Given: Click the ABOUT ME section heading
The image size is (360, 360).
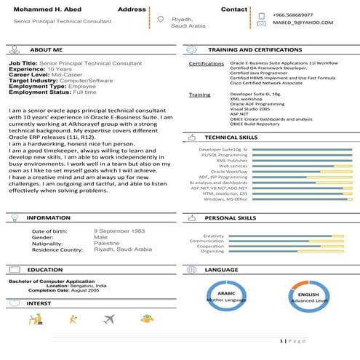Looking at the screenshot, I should (47, 49).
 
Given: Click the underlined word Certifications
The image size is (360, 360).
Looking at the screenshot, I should (206, 64).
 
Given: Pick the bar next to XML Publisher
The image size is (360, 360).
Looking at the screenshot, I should (290, 159).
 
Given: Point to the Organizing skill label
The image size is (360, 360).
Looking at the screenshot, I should (212, 251).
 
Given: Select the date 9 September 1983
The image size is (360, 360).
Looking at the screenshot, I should (120, 231).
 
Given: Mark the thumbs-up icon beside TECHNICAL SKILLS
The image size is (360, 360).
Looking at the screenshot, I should (192, 136).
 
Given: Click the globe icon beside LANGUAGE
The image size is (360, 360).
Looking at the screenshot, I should (192, 269).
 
